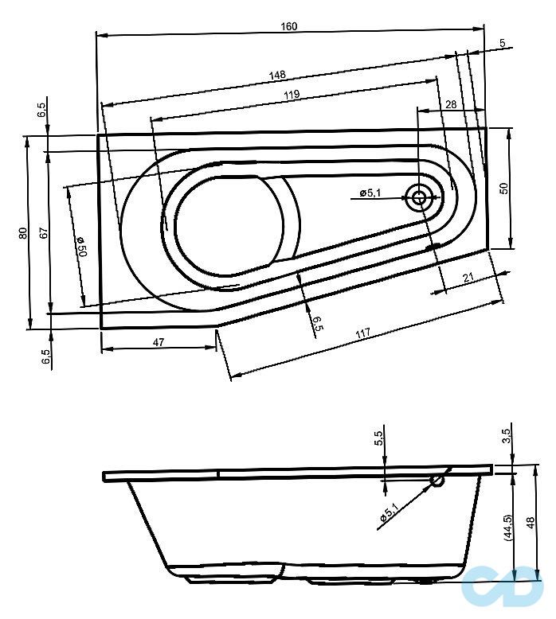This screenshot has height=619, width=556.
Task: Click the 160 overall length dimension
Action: pos(289,26)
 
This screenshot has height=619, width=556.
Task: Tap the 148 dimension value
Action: pos(277,75)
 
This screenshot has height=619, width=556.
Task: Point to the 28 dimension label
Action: pos(450,105)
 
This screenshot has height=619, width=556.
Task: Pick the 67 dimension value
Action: pos(45,233)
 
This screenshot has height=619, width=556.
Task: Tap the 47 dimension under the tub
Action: pos(159,342)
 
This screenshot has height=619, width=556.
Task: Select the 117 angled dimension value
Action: pos(363,336)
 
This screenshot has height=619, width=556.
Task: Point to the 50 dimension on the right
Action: pos(503,188)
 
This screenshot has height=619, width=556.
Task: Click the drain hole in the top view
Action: pos(418,197)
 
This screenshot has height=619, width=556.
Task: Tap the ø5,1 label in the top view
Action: pos(371,193)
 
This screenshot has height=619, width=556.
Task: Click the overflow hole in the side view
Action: pos(437,481)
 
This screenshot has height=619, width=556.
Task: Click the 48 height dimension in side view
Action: pos(531,525)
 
